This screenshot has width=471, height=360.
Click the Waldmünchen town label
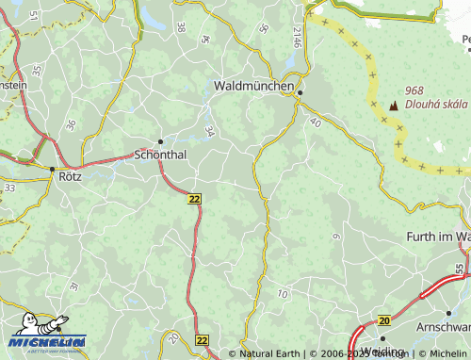253,85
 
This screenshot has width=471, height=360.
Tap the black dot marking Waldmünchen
300,92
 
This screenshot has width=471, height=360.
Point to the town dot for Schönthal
160,141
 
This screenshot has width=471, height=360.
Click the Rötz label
70,175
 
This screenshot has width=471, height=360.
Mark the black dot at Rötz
51,169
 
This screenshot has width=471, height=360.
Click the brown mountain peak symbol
393,106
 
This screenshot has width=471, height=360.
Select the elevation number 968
414,90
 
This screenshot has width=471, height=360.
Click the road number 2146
297,38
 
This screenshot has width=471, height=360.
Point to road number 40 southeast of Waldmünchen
315,123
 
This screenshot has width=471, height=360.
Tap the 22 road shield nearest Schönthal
194,199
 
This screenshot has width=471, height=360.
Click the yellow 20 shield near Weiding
383,321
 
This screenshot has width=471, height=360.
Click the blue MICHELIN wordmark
47,341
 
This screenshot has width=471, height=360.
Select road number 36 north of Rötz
71,124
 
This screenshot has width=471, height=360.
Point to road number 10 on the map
283,295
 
